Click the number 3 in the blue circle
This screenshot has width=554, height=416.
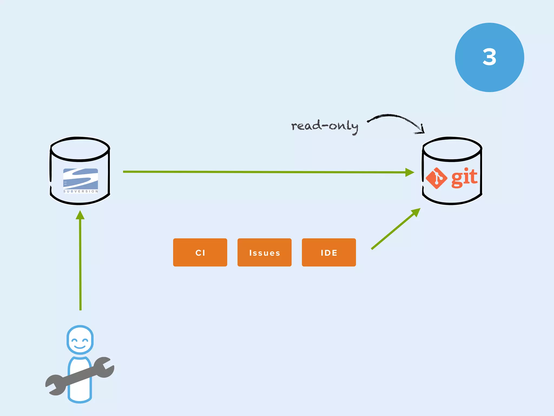coord(489,57)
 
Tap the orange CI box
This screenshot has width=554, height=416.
coord(200,252)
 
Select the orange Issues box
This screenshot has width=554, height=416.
coord(264,252)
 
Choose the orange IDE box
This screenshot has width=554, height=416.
coord(329,252)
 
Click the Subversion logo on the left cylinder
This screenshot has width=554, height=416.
coord(80,179)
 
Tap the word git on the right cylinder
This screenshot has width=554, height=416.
coord(464,177)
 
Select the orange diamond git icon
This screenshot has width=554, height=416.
coord(436,178)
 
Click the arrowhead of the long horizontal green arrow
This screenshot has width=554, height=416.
coord(410,172)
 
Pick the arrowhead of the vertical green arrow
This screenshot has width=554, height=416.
coord(80,215)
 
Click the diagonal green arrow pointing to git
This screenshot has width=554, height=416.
coord(395,229)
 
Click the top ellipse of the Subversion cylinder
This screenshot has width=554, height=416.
coord(80,149)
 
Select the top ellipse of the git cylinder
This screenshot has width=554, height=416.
coord(452,149)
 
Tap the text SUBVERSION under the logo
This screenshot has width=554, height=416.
coord(81,191)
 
